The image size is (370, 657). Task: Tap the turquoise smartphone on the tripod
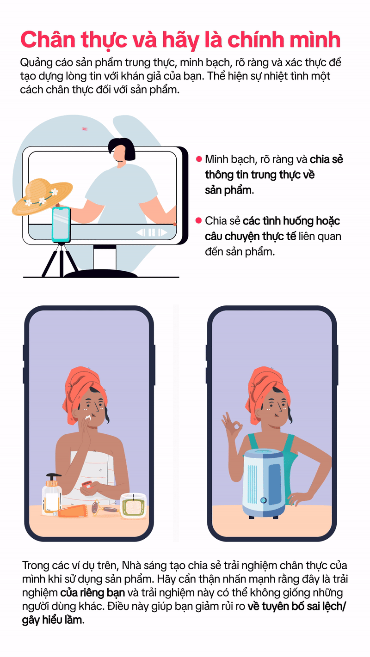pos(61,225)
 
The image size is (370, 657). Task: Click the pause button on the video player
pos(152,232)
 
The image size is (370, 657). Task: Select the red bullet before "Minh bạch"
pos(199,159)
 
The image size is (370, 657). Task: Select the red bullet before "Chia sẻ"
pos(199,220)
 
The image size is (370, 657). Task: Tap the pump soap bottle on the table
pos(52,494)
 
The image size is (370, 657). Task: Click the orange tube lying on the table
pos(72,511)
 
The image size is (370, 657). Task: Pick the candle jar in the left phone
pos(134,505)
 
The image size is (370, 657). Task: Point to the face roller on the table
pos(103,509)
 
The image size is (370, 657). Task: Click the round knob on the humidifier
pos(264,500)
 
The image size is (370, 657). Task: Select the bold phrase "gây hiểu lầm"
pos(53,620)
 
